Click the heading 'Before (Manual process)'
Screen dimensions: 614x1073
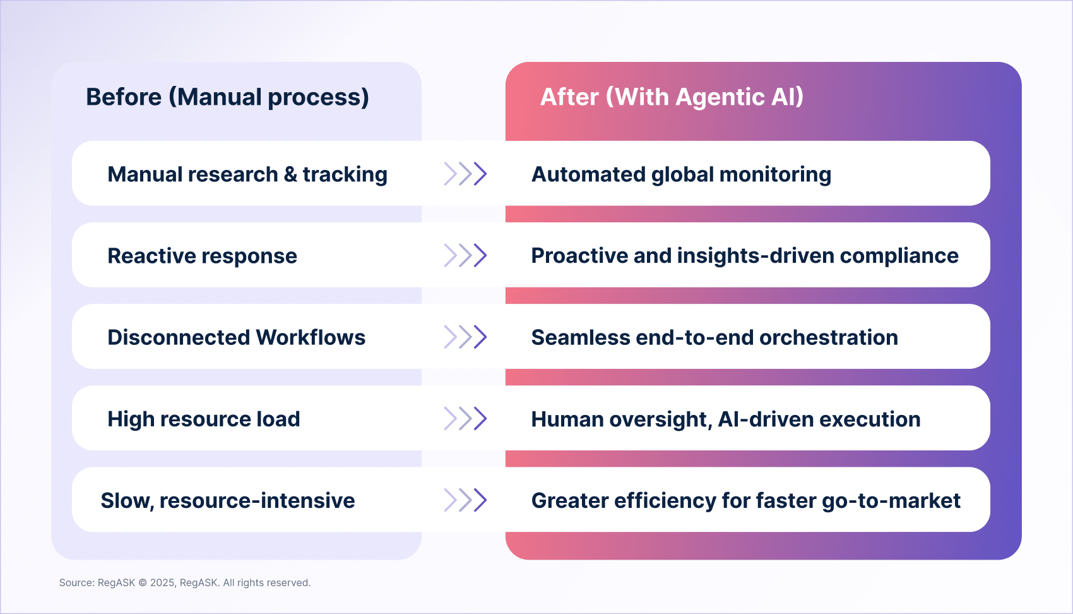click(x=227, y=97)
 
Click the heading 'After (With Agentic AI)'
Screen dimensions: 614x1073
click(x=672, y=97)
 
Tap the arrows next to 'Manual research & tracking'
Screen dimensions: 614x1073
click(x=465, y=174)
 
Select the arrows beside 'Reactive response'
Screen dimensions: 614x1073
click(x=465, y=255)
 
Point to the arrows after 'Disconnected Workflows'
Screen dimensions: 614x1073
click(x=465, y=337)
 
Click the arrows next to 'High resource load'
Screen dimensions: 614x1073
click(x=465, y=418)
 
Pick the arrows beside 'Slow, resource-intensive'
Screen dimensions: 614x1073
click(x=465, y=500)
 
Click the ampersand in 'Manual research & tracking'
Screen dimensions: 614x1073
click(x=290, y=174)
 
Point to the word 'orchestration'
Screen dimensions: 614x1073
click(x=828, y=337)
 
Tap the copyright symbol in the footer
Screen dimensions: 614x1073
click(x=143, y=583)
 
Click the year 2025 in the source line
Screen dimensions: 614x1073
click(x=162, y=583)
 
